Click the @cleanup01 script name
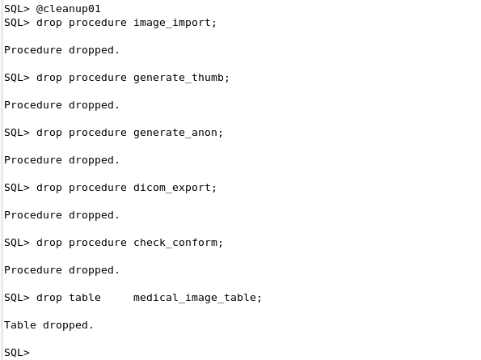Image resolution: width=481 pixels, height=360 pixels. coord(69,9)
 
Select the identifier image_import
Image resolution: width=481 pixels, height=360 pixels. coord(171,23)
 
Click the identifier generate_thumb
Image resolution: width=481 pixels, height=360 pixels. coord(178,78)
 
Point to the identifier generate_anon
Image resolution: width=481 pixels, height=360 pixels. coord(175,133)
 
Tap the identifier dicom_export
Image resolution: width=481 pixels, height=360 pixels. coord(171,188)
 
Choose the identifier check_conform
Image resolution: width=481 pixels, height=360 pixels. coord(175,243)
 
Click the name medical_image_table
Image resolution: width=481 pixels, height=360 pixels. coord(194,298)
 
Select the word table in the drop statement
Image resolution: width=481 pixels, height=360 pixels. coord(85,298)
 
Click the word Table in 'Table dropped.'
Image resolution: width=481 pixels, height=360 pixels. coord(20,325)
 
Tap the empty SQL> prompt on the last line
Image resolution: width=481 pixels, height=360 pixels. coord(17,353)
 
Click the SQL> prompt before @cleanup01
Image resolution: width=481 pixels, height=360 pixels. coord(17,9)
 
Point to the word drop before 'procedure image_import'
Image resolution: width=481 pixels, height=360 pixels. coord(49,23)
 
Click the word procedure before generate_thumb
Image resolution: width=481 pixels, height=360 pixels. coord(98,78)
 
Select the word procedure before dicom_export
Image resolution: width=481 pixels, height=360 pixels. coord(98,188)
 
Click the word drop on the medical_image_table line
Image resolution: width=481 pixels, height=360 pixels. coord(49,298)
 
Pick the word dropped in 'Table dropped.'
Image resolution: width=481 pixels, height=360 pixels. coord(65,325)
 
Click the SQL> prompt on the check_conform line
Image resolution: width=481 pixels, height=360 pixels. coord(17,243)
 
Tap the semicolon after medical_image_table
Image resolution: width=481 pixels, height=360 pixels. coord(259,299)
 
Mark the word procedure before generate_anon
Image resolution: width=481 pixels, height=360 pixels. coord(98,133)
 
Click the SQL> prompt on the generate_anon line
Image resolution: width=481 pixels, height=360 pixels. coord(17,133)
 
